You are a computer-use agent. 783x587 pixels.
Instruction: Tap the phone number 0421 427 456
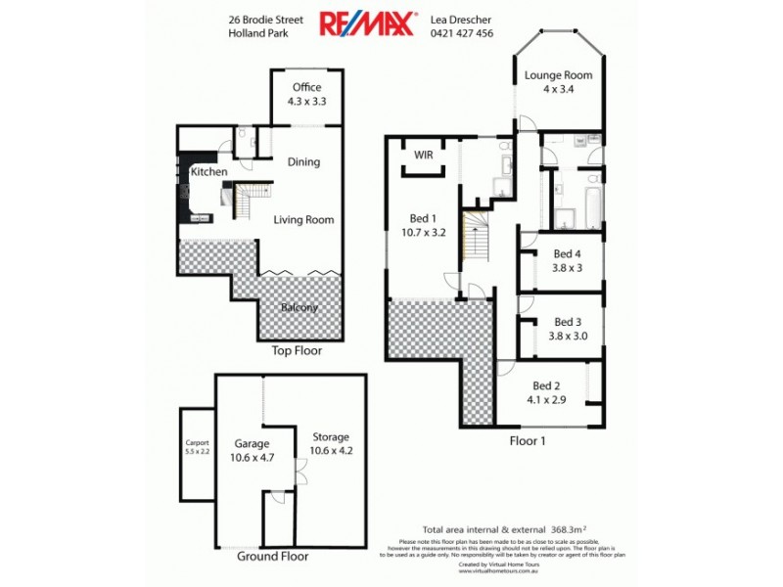[x=462, y=32]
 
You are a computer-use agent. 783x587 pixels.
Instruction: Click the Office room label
[x=306, y=88]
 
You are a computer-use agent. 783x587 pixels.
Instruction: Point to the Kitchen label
[x=209, y=172]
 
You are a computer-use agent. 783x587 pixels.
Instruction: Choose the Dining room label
[x=303, y=161]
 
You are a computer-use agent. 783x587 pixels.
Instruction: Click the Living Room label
[x=303, y=220]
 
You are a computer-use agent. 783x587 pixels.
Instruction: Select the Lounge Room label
[x=558, y=75]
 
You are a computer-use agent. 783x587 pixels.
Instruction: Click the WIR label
[x=424, y=155]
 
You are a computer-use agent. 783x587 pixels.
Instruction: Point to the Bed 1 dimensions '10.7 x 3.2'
[x=424, y=233]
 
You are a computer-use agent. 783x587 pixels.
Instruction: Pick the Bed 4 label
[x=568, y=253]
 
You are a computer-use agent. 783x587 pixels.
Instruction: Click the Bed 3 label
[x=568, y=321]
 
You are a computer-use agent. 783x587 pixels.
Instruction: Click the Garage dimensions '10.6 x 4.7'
[x=252, y=455]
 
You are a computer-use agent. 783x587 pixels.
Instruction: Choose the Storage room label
[x=330, y=436]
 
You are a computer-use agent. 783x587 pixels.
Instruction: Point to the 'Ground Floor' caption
[x=273, y=556]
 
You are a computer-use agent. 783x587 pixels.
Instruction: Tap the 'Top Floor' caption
[x=297, y=349]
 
